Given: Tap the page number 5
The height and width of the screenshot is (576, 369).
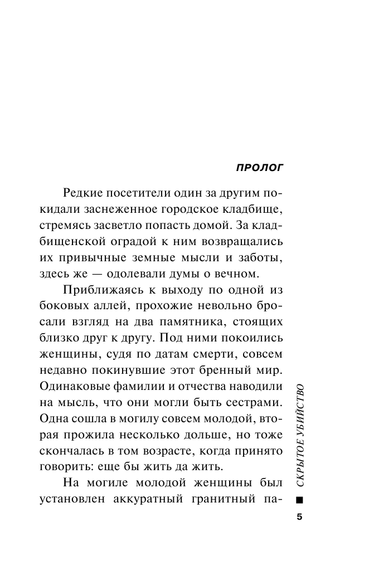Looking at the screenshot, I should click(x=299, y=516).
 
